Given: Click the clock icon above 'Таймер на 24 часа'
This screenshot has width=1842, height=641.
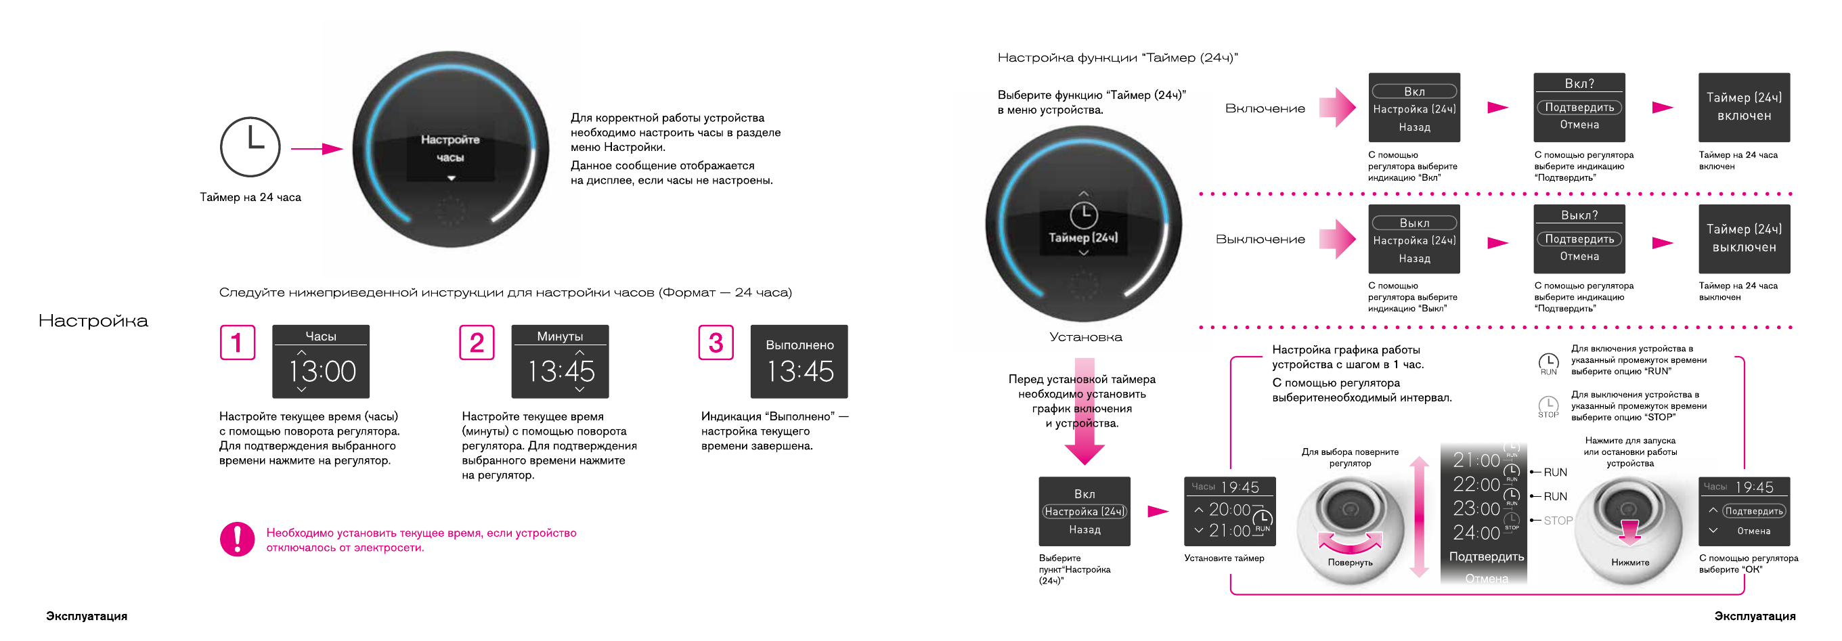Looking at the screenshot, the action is pyautogui.click(x=250, y=146).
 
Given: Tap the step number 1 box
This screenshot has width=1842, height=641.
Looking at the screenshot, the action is pyautogui.click(x=238, y=343).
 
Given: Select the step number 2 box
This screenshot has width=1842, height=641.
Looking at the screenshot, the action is pyautogui.click(x=476, y=343).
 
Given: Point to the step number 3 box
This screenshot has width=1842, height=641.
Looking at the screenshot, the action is pyautogui.click(x=715, y=343).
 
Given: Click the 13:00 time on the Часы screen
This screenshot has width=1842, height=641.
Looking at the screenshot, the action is pyautogui.click(x=322, y=371).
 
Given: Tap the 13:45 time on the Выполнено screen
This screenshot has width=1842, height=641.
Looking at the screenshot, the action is pyautogui.click(x=799, y=371).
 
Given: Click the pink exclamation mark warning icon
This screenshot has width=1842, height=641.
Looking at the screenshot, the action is pyautogui.click(x=238, y=539).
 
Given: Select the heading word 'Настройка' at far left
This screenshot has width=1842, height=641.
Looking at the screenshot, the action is pyautogui.click(x=93, y=321).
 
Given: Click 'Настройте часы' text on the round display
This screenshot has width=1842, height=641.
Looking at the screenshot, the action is pyautogui.click(x=450, y=148).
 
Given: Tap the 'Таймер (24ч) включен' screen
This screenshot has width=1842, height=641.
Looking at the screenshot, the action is pyautogui.click(x=1743, y=106).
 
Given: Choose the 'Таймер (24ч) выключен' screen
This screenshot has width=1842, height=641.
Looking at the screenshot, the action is pyautogui.click(x=1743, y=238).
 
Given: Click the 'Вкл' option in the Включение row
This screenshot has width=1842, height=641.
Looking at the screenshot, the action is pyautogui.click(x=1413, y=91).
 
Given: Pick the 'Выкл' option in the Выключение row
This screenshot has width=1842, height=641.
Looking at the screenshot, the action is pyautogui.click(x=1413, y=223).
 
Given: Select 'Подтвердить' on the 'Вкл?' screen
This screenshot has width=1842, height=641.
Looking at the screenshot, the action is pyautogui.click(x=1579, y=107).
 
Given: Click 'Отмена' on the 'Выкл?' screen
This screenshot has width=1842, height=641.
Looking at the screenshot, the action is pyautogui.click(x=1579, y=256).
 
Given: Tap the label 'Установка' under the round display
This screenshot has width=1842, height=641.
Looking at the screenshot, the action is pyautogui.click(x=1085, y=336).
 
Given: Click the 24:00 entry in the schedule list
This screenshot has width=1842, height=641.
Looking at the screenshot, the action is pyautogui.click(x=1476, y=533).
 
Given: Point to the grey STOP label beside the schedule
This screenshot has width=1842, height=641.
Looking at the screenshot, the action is pyautogui.click(x=1558, y=521).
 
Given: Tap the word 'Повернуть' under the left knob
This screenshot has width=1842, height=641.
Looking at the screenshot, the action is pyautogui.click(x=1350, y=562).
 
